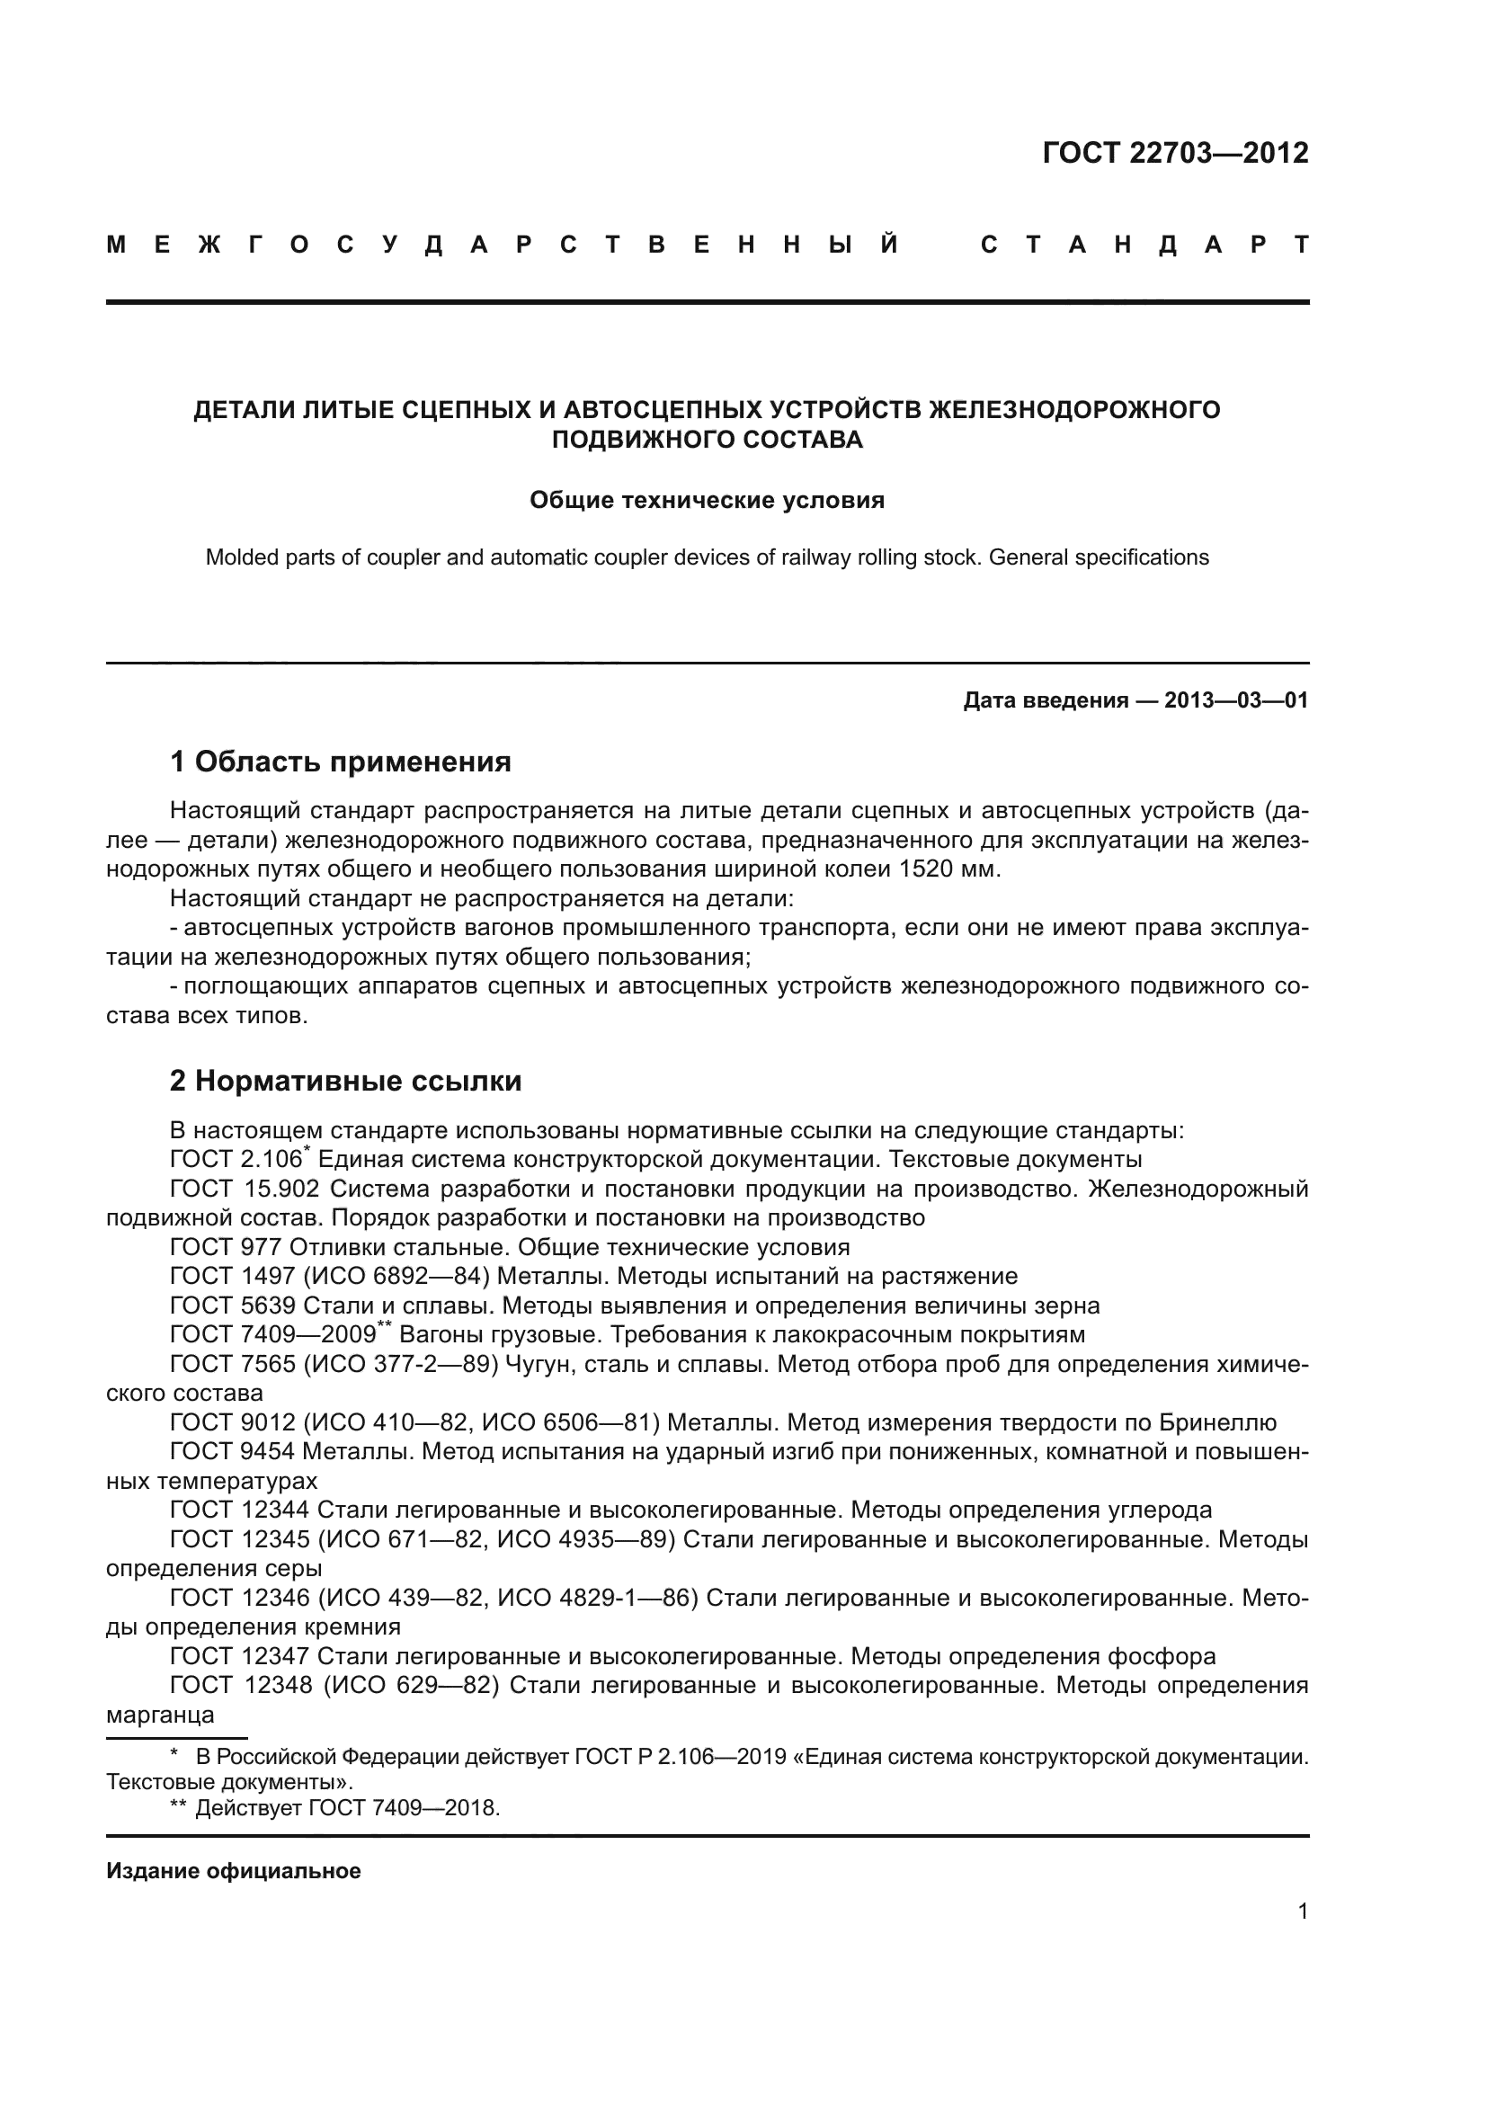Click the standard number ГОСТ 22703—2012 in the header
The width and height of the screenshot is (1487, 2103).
(1175, 152)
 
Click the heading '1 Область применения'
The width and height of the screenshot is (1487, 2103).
(340, 762)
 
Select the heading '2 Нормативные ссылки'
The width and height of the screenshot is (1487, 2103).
(345, 1081)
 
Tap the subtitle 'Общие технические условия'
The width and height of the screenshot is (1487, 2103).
(707, 500)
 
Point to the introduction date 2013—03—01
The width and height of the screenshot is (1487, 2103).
(1236, 700)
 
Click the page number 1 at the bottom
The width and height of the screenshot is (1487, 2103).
(1302, 1911)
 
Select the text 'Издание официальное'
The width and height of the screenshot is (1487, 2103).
(234, 1870)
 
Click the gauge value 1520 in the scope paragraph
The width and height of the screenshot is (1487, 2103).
(928, 869)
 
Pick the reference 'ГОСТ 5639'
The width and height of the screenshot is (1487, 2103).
(233, 1305)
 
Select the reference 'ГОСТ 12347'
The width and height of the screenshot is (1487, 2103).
(240, 1656)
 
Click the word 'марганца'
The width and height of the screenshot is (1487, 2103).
(160, 1715)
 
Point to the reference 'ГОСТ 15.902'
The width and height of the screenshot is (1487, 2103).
(245, 1189)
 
